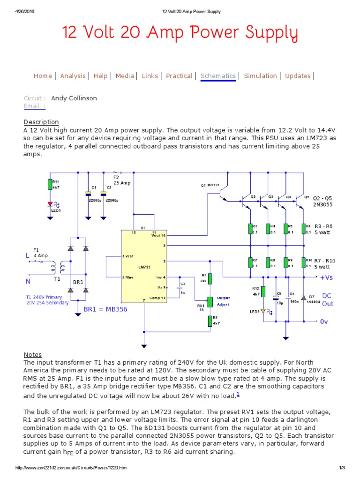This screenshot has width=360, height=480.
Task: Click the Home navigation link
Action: coord(43,76)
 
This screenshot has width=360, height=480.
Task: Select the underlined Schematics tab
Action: coord(218,76)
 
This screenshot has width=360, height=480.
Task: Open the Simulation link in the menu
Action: coord(260,76)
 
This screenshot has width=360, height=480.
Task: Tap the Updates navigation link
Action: coord(298,76)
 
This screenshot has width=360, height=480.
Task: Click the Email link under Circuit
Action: coord(35,106)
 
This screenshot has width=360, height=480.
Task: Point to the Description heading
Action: coord(41,122)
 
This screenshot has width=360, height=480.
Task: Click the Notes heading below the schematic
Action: coord(33,354)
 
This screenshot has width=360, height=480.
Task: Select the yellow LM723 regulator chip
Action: coord(144,266)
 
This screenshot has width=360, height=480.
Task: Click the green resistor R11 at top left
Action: coord(50,184)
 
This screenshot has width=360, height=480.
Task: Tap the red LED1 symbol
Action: coord(50,204)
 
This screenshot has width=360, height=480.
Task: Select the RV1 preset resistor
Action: coord(210,302)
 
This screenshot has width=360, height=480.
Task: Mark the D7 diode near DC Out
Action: coord(303,298)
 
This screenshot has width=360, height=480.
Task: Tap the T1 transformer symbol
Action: coord(57,269)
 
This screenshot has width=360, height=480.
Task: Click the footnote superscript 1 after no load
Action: coord(238,394)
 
